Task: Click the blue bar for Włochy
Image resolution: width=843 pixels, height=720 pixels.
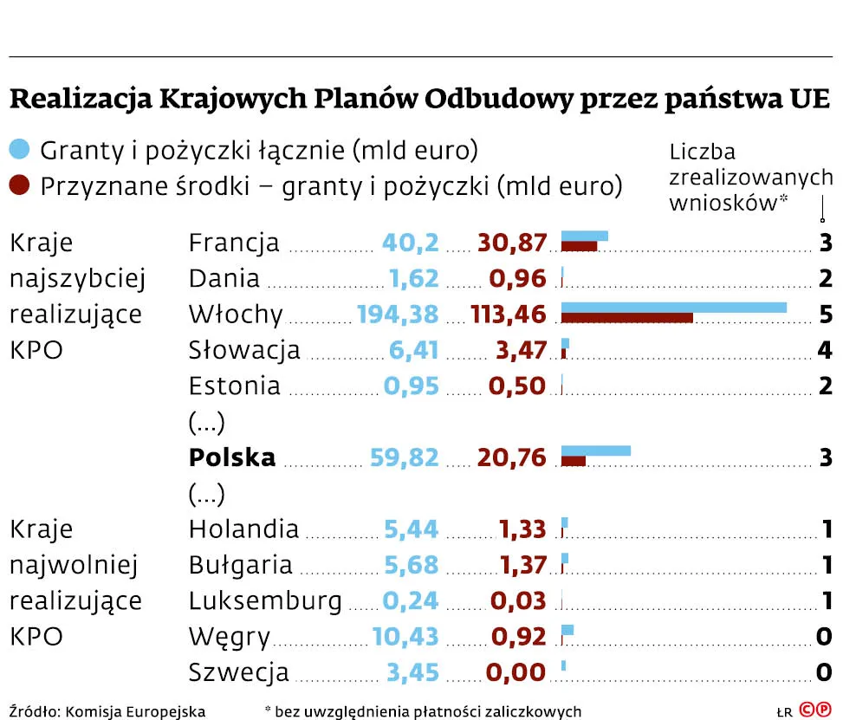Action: [x=674, y=307]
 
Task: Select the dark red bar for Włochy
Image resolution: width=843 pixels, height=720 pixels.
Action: [x=627, y=317]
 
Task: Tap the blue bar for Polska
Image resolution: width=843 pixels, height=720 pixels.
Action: [x=596, y=451]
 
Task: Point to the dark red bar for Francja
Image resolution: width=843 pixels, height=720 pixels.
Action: [x=580, y=246]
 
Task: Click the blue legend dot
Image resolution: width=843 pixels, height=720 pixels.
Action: [x=19, y=150]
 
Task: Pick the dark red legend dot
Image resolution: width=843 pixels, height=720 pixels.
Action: [x=19, y=185]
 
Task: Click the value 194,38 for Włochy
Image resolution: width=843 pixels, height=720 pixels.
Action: [x=398, y=314]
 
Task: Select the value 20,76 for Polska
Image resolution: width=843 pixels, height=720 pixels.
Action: [x=512, y=457]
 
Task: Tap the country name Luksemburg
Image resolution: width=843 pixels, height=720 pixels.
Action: [x=265, y=600]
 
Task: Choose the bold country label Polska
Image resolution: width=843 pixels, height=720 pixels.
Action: [x=232, y=457]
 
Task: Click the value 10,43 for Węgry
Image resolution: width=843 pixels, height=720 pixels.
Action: [x=405, y=637]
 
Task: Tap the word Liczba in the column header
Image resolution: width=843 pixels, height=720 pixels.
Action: [x=703, y=152]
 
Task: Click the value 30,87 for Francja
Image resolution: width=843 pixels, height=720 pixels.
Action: [x=512, y=243]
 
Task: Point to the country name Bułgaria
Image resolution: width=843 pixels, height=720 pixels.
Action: [x=241, y=565]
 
